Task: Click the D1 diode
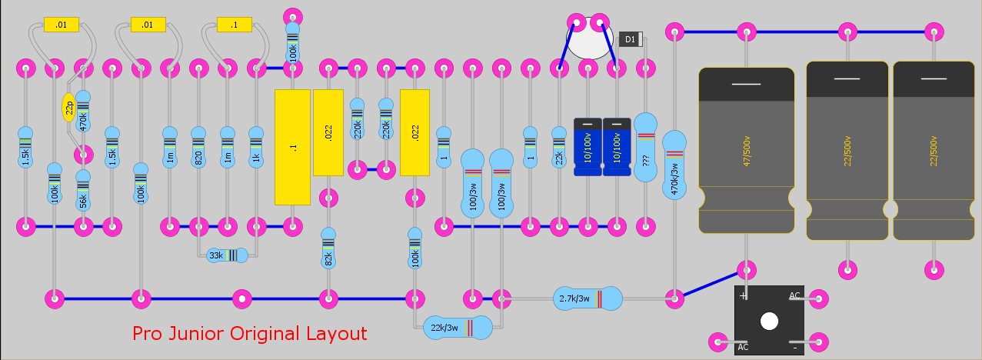(630, 39)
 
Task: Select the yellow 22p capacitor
(68, 107)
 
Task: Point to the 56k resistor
(83, 192)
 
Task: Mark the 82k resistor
(328, 248)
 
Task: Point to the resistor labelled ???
(645, 146)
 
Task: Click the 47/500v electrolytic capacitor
(746, 150)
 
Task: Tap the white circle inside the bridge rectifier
(769, 322)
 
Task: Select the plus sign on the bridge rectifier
(743, 295)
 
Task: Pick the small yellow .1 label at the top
(235, 25)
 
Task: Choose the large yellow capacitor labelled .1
(292, 147)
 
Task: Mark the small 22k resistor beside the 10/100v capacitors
(559, 148)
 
